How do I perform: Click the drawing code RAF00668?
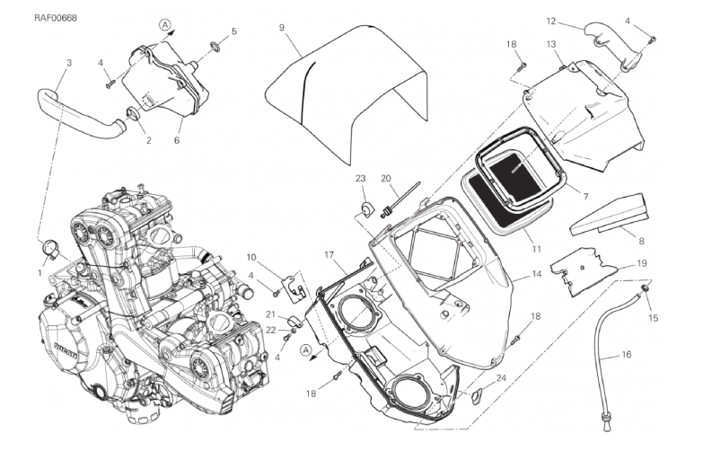[x=31, y=17]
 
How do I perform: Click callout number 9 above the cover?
[x=282, y=29]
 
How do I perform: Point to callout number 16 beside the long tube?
[x=626, y=355]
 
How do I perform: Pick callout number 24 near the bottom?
[x=501, y=377]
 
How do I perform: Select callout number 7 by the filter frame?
[x=584, y=196]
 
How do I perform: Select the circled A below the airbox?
[x=305, y=349]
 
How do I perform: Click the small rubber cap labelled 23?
[x=365, y=209]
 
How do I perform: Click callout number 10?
[x=252, y=257]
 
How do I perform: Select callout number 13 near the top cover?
[x=550, y=44]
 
